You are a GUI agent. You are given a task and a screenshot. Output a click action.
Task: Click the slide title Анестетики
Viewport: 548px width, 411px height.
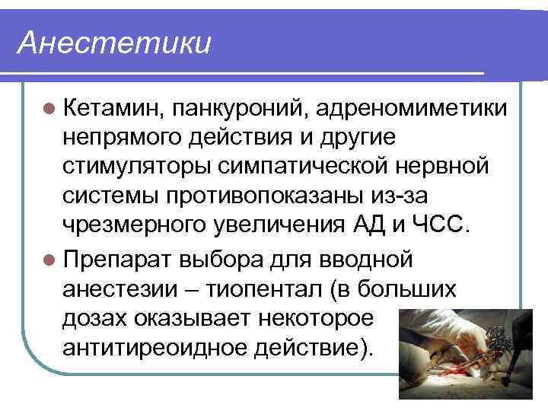(114, 43)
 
